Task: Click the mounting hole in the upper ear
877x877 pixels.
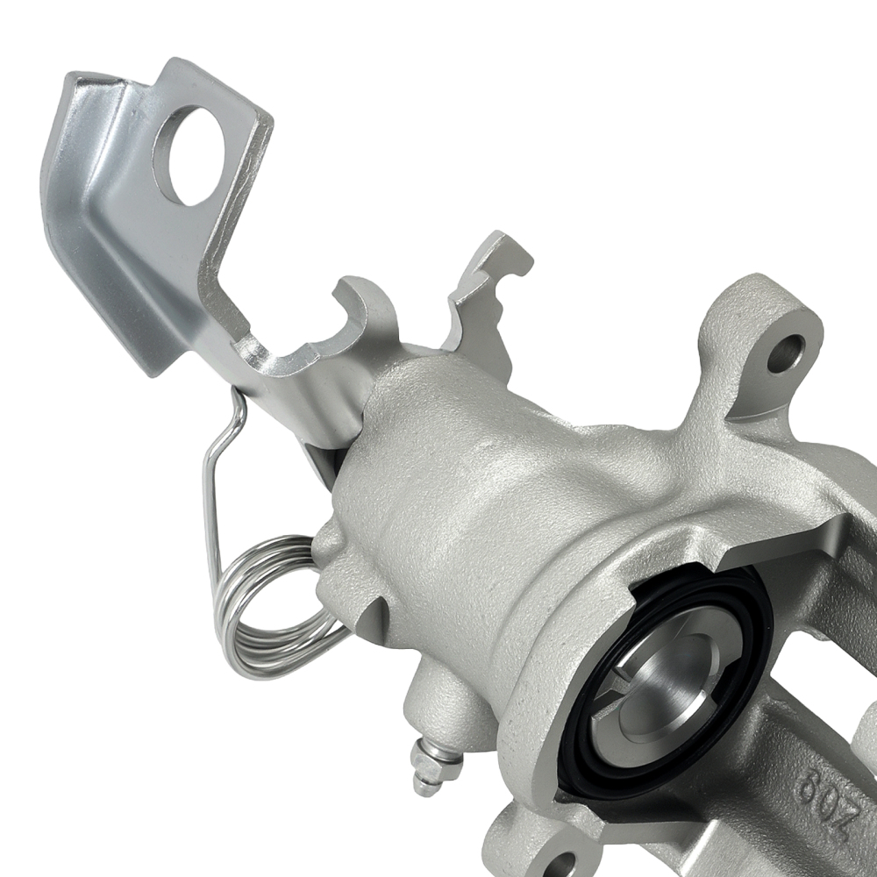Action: [785, 353]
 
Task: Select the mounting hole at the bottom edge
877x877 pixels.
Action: [556, 864]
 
